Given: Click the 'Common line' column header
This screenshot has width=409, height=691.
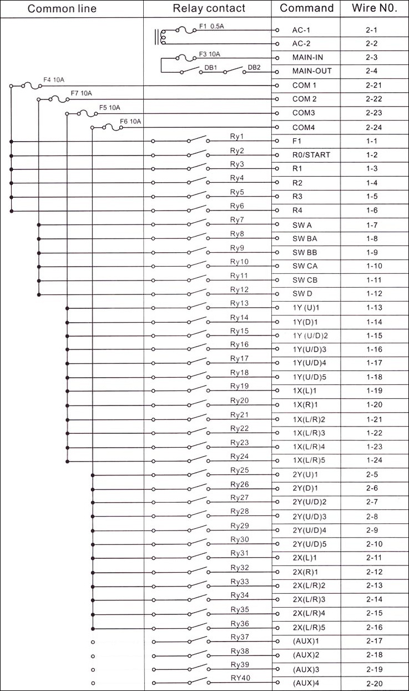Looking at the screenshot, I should click(x=62, y=8).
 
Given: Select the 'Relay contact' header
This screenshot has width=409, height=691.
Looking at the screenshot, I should click(x=209, y=8).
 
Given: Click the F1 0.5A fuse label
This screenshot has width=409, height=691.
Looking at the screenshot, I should click(x=211, y=26).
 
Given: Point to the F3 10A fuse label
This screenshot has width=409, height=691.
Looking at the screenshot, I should click(x=209, y=54).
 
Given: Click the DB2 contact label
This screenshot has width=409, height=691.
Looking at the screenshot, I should click(x=254, y=68).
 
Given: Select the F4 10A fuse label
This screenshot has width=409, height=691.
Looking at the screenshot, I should click(x=54, y=80).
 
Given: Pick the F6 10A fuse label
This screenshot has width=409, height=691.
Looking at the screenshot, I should click(x=131, y=121).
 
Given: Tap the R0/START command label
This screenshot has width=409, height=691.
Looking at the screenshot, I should click(x=311, y=155).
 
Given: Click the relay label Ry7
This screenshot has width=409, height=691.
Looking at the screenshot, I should click(x=237, y=220).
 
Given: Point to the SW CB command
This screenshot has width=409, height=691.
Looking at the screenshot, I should click(x=305, y=280).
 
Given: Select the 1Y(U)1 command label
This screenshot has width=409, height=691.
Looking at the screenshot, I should click(x=306, y=308).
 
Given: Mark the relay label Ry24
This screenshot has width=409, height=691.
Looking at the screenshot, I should click(x=239, y=456).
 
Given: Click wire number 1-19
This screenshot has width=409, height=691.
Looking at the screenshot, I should click(x=374, y=390).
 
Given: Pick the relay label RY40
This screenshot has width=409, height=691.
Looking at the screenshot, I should click(x=240, y=678).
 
